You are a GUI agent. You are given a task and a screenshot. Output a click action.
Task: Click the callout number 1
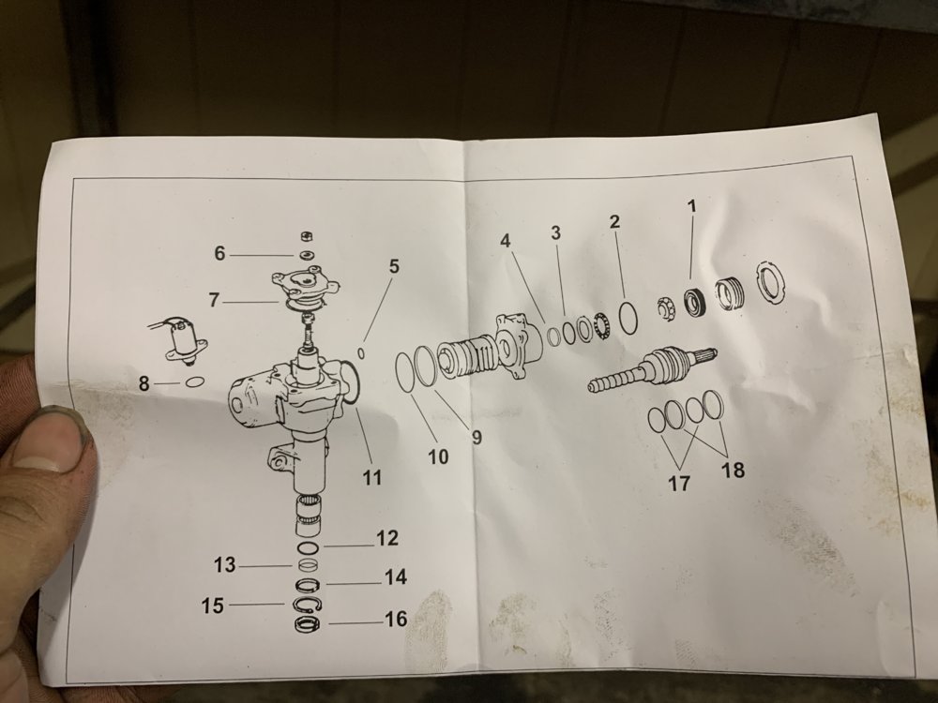(693, 204)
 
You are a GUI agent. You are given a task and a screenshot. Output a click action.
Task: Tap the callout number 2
(614, 221)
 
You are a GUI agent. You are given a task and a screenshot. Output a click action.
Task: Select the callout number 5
(394, 266)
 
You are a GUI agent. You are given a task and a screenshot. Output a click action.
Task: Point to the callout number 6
(219, 253)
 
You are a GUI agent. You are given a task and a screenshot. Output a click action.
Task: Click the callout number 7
(214, 301)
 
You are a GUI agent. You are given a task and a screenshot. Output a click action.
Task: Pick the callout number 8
(144, 383)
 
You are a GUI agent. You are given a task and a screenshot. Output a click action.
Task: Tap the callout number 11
(372, 477)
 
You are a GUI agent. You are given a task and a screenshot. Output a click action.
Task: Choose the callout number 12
(387, 539)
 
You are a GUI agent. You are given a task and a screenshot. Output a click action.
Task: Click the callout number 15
(213, 606)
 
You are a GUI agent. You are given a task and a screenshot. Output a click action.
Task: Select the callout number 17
(678, 484)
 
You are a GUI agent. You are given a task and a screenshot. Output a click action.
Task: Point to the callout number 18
(734, 471)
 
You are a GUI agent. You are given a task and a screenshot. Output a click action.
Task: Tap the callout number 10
(438, 456)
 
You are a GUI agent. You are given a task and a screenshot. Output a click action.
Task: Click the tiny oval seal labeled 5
(360, 353)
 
